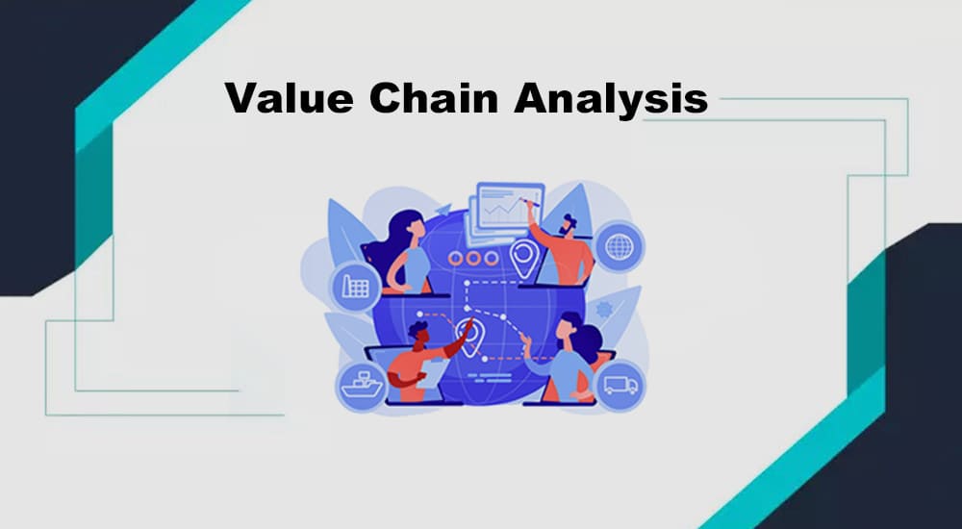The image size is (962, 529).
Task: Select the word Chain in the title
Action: tap(433, 97)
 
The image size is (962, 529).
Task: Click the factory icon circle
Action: tap(355, 287)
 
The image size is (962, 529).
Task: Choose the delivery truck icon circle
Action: tap(620, 386)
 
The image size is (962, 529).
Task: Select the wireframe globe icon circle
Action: tap(619, 246)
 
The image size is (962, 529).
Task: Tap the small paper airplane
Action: tap(443, 210)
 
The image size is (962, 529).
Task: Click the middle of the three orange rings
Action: tap(472, 259)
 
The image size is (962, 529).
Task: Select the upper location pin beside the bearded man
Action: tap(524, 258)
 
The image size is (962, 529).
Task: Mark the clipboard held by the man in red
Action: tap(433, 373)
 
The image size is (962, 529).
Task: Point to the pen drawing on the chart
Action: tap(531, 201)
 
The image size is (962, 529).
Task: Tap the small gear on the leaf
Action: tap(604, 309)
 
